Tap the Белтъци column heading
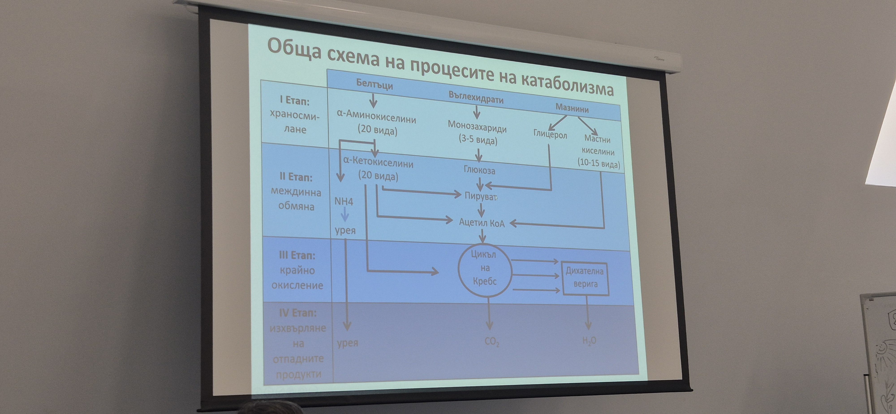coord(374,84)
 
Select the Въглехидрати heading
coord(476,98)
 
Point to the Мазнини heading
coord(572,108)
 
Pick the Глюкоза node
coord(479,170)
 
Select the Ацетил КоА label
coord(482,223)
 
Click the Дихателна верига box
coord(585,278)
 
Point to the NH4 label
coord(344,201)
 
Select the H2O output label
coord(589,341)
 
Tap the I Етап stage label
coord(294,101)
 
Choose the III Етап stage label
coord(297,255)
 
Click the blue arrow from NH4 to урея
coord(345,215)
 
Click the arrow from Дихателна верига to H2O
coord(588,313)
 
